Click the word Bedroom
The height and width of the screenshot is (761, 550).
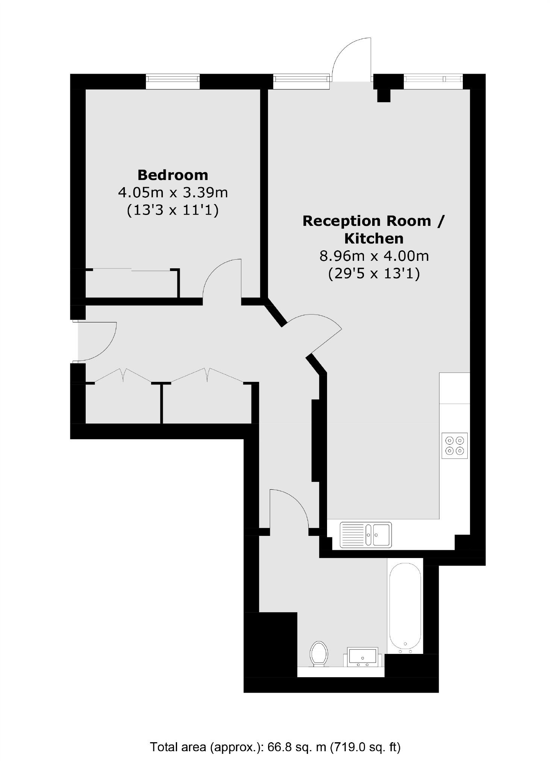click(173, 175)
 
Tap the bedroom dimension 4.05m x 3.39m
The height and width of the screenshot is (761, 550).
click(173, 192)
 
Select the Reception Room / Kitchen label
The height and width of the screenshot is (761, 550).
click(373, 229)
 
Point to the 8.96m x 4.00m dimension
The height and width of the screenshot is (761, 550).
click(374, 256)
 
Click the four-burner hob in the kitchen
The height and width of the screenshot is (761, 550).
click(455, 445)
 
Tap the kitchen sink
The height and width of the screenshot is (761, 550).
click(365, 534)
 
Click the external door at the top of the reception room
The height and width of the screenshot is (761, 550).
click(351, 60)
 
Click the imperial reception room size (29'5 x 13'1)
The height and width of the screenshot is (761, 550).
click(374, 273)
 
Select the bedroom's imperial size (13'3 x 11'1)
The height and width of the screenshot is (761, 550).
click(173, 210)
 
